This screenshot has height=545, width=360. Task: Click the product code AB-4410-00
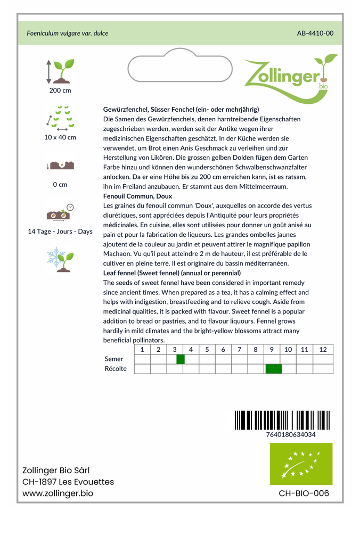click(x=315, y=33)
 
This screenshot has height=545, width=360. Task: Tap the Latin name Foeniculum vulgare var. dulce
click(x=68, y=33)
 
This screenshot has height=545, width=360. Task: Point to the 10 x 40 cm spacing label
click(x=60, y=137)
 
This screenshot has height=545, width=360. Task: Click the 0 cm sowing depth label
click(x=60, y=185)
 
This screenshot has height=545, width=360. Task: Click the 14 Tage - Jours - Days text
click(x=60, y=232)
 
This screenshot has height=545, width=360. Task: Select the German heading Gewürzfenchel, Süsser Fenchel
click(x=181, y=109)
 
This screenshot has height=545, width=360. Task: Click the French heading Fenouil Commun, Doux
click(x=137, y=196)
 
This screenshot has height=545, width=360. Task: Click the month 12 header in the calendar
click(x=323, y=350)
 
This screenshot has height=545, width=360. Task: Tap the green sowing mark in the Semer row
click(x=180, y=359)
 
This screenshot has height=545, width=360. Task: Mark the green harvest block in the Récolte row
click(x=273, y=369)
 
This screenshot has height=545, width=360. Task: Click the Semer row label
click(x=114, y=359)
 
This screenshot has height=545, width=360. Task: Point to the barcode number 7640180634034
click(x=290, y=435)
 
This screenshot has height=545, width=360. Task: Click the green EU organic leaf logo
click(x=301, y=464)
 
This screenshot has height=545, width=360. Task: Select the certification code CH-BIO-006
click(x=304, y=493)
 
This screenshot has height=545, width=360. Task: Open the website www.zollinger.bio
click(x=58, y=493)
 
